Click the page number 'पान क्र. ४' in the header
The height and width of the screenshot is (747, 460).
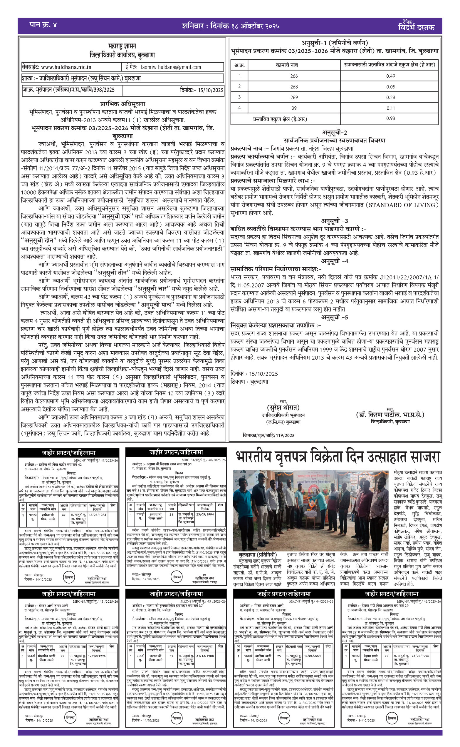coord(43,25)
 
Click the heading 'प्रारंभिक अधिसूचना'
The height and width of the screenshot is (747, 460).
coord(122,104)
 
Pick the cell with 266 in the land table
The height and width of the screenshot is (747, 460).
coord(294,76)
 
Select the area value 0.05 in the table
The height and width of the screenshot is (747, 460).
coord(391,87)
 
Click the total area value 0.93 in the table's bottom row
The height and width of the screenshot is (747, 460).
coord(391,118)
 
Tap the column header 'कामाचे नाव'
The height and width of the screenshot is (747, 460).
coord(287,65)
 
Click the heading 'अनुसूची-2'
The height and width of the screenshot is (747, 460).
coord(335,133)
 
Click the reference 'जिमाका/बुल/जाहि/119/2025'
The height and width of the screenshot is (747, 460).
coord(269,435)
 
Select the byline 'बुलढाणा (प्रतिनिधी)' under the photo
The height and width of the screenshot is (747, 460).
coord(258,555)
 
